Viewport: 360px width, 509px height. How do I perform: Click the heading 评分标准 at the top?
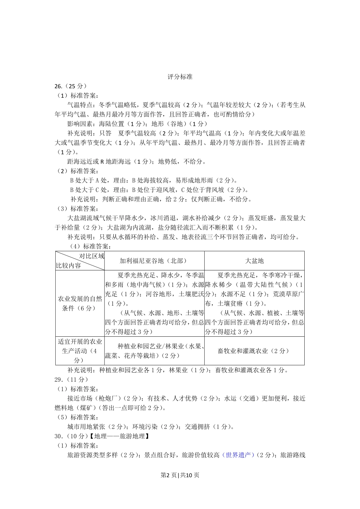180,77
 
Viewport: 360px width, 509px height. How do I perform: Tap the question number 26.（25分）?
71,86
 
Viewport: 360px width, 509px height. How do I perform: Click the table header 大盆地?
254,261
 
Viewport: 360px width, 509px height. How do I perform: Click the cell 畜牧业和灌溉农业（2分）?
254,351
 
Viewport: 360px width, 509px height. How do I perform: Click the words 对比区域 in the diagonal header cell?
91,256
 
